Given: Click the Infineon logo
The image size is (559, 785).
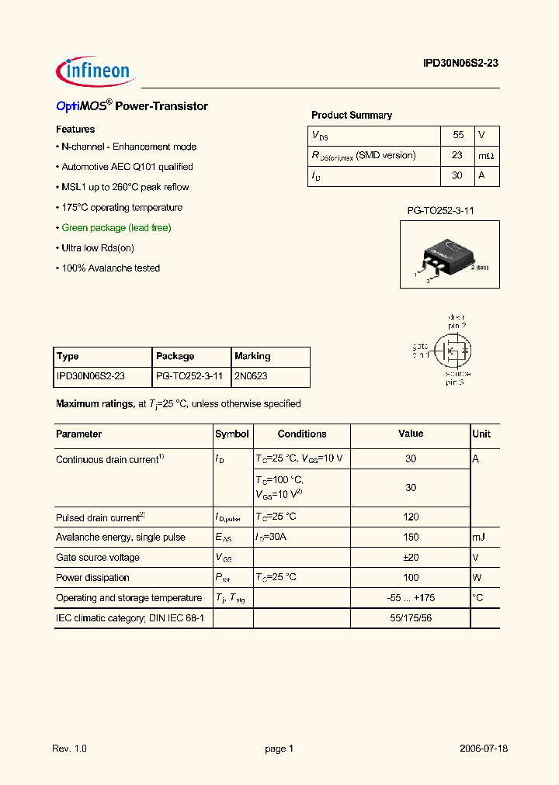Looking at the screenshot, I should (95, 71).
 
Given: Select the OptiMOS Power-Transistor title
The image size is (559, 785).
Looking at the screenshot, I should (132, 106).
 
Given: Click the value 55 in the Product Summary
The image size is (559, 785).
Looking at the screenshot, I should (458, 135).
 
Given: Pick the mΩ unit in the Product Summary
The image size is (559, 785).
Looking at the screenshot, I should (486, 156).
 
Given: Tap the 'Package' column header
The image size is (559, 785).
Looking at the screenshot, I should (175, 357).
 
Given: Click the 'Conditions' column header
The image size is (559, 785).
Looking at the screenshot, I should (302, 434).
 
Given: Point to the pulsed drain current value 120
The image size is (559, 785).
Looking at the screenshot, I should (411, 517).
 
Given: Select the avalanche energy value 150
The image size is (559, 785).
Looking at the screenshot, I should (411, 538).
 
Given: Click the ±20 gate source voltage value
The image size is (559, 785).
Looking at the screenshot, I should (411, 558).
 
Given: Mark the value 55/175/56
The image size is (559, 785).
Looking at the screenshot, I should (411, 618).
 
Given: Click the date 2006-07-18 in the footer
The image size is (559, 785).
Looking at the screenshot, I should (484, 749).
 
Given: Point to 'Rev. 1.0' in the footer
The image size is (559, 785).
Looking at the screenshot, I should (70, 749).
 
